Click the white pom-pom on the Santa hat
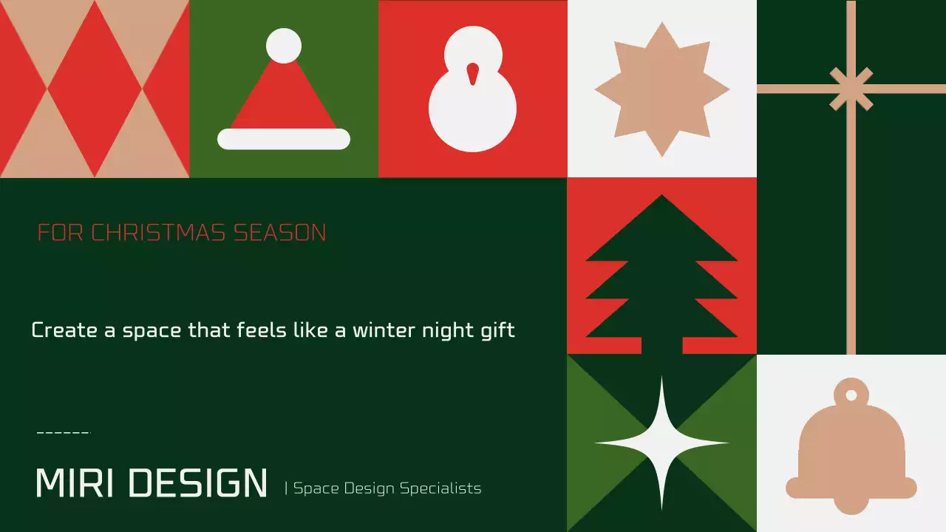pyautogui.click(x=284, y=46)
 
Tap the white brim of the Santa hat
pyautogui.click(x=284, y=139)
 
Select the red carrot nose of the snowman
pyautogui.click(x=472, y=73)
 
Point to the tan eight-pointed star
pyautogui.click(x=661, y=89)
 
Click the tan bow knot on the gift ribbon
pyautogui.click(x=851, y=89)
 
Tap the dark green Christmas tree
pyautogui.click(x=661, y=273)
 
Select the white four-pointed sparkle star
pyautogui.click(x=661, y=443)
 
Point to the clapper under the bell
pyautogui.click(x=851, y=505)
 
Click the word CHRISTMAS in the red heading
pyautogui.click(x=159, y=233)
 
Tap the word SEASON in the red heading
pyautogui.click(x=280, y=233)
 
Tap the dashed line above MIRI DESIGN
pyautogui.click(x=63, y=432)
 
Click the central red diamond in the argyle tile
pyautogui.click(x=95, y=89)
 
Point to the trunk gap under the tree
pyautogui.click(x=661, y=346)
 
